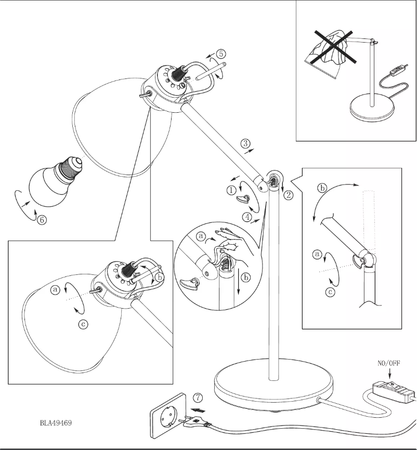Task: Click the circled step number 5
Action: [221, 54]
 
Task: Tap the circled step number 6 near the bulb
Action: [42, 220]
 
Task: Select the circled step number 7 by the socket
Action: [198, 398]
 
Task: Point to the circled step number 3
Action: [245, 142]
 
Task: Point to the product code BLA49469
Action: [56, 422]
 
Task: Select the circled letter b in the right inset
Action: [322, 188]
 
